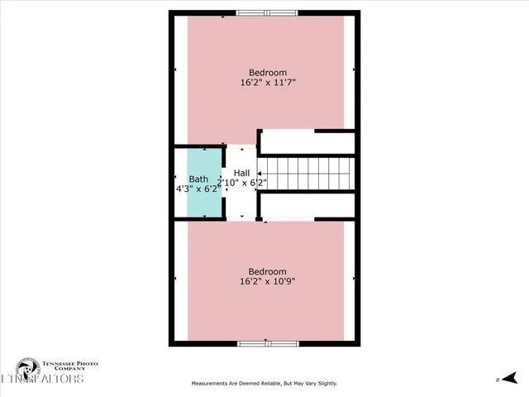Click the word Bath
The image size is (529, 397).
point(198,179)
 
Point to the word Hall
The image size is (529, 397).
point(241,173)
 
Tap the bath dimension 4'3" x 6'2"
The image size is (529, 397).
point(198,189)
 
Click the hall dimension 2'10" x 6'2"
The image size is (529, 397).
point(241,183)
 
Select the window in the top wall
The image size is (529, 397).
point(266,12)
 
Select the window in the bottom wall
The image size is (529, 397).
point(266,342)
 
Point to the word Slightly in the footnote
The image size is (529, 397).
point(324,384)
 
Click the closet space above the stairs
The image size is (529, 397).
point(307,141)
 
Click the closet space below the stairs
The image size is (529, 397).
point(307,206)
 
